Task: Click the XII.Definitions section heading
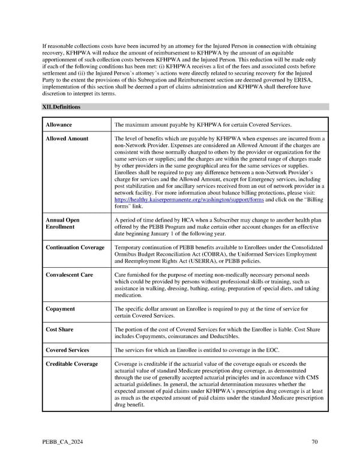coord(61,107)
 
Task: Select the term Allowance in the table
coord(59,125)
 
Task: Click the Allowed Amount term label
coord(67,139)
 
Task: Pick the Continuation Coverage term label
coord(75,247)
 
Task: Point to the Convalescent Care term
coord(70,274)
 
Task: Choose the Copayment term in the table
coord(61,309)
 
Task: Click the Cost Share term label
coord(61,329)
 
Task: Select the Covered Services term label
coord(68,350)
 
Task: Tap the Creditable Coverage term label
coord(72,364)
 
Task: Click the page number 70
coord(314,443)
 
